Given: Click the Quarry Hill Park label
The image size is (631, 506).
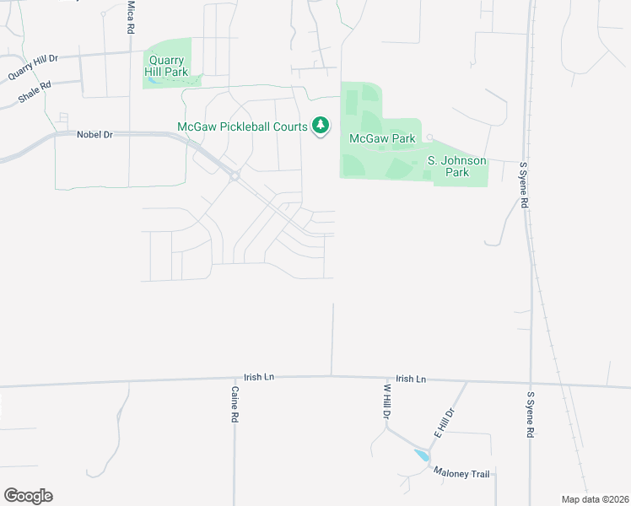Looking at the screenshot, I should click(168, 66).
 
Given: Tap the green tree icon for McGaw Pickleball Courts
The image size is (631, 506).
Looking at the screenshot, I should click(321, 126).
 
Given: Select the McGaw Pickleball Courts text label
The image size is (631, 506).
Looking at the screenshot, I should click(242, 127).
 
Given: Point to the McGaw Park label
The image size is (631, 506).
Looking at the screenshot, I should click(382, 138).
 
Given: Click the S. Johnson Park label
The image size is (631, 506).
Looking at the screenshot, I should click(456, 165).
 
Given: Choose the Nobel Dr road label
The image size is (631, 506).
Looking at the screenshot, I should click(94, 134).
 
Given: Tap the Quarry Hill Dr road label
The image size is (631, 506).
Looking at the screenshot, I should click(33, 67).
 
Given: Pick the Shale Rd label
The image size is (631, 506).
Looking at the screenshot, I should click(35, 93).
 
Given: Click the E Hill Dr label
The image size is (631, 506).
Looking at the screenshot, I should click(445, 423).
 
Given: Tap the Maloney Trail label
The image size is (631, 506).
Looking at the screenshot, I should click(462, 474).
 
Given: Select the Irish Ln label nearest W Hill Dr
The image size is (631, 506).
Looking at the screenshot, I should click(410, 379).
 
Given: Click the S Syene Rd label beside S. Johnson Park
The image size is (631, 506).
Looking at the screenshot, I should click(524, 186).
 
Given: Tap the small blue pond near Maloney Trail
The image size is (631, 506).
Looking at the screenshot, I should click(421, 455).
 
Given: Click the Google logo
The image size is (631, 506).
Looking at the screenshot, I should click(28, 496).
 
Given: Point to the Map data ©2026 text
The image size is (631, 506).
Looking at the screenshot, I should click(596, 499).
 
